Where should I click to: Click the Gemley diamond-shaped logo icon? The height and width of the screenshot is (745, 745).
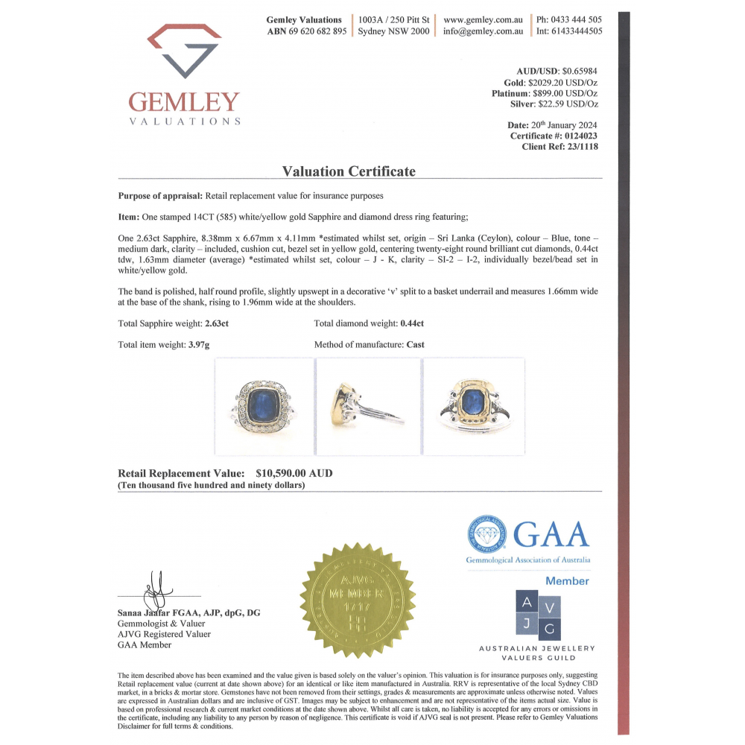pyautogui.click(x=184, y=51)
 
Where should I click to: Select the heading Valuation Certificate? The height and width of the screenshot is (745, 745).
pyautogui.click(x=349, y=171)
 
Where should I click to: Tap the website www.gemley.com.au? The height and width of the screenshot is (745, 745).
pyautogui.click(x=483, y=19)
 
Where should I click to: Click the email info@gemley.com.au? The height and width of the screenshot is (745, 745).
pyautogui.click(x=483, y=31)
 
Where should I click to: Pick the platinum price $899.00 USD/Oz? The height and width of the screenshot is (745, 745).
pyautogui.click(x=562, y=93)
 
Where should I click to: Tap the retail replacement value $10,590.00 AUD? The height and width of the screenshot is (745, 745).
pyautogui.click(x=294, y=473)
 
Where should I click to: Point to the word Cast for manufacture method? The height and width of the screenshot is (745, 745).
pyautogui.click(x=415, y=345)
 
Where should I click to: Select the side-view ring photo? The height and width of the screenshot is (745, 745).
pyautogui.click(x=368, y=406)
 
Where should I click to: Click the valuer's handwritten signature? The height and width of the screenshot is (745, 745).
pyautogui.click(x=159, y=590)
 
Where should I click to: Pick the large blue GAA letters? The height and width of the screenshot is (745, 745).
pyautogui.click(x=551, y=534)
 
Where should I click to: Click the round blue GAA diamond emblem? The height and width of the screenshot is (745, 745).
pyautogui.click(x=487, y=534)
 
